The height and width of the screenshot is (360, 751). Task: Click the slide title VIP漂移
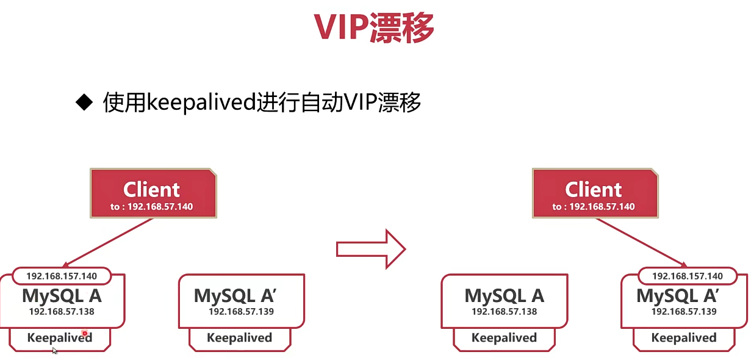[x=374, y=27]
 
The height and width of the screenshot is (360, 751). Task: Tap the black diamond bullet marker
[x=84, y=103]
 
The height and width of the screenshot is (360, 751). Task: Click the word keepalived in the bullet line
[x=201, y=103]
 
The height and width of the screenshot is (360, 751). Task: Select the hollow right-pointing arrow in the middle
[x=371, y=250]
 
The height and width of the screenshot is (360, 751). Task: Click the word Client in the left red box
[x=151, y=190]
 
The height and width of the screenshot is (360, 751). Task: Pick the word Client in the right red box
[x=594, y=190]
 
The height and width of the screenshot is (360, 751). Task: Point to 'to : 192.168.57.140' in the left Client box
[x=151, y=206]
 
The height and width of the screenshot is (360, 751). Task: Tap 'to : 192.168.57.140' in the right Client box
[x=594, y=206]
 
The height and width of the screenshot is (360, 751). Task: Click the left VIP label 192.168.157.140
[x=62, y=276]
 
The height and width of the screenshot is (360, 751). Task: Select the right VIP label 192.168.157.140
[x=688, y=276]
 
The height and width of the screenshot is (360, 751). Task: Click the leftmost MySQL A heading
[x=62, y=296]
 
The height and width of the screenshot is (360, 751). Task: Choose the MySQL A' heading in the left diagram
[x=235, y=296]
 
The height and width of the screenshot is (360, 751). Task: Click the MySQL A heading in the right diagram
[x=505, y=296]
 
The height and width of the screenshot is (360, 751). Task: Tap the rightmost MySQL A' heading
[x=678, y=296]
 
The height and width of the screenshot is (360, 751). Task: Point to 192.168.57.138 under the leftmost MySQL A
[x=62, y=312]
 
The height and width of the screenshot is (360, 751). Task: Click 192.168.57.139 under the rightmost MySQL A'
[x=684, y=312]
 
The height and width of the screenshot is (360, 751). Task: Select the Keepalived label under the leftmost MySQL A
[x=60, y=338]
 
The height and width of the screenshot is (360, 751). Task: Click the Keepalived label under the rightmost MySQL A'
[x=684, y=338]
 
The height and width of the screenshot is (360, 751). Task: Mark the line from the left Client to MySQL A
[x=107, y=243]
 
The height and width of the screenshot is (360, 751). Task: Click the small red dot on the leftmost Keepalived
[x=85, y=334]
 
